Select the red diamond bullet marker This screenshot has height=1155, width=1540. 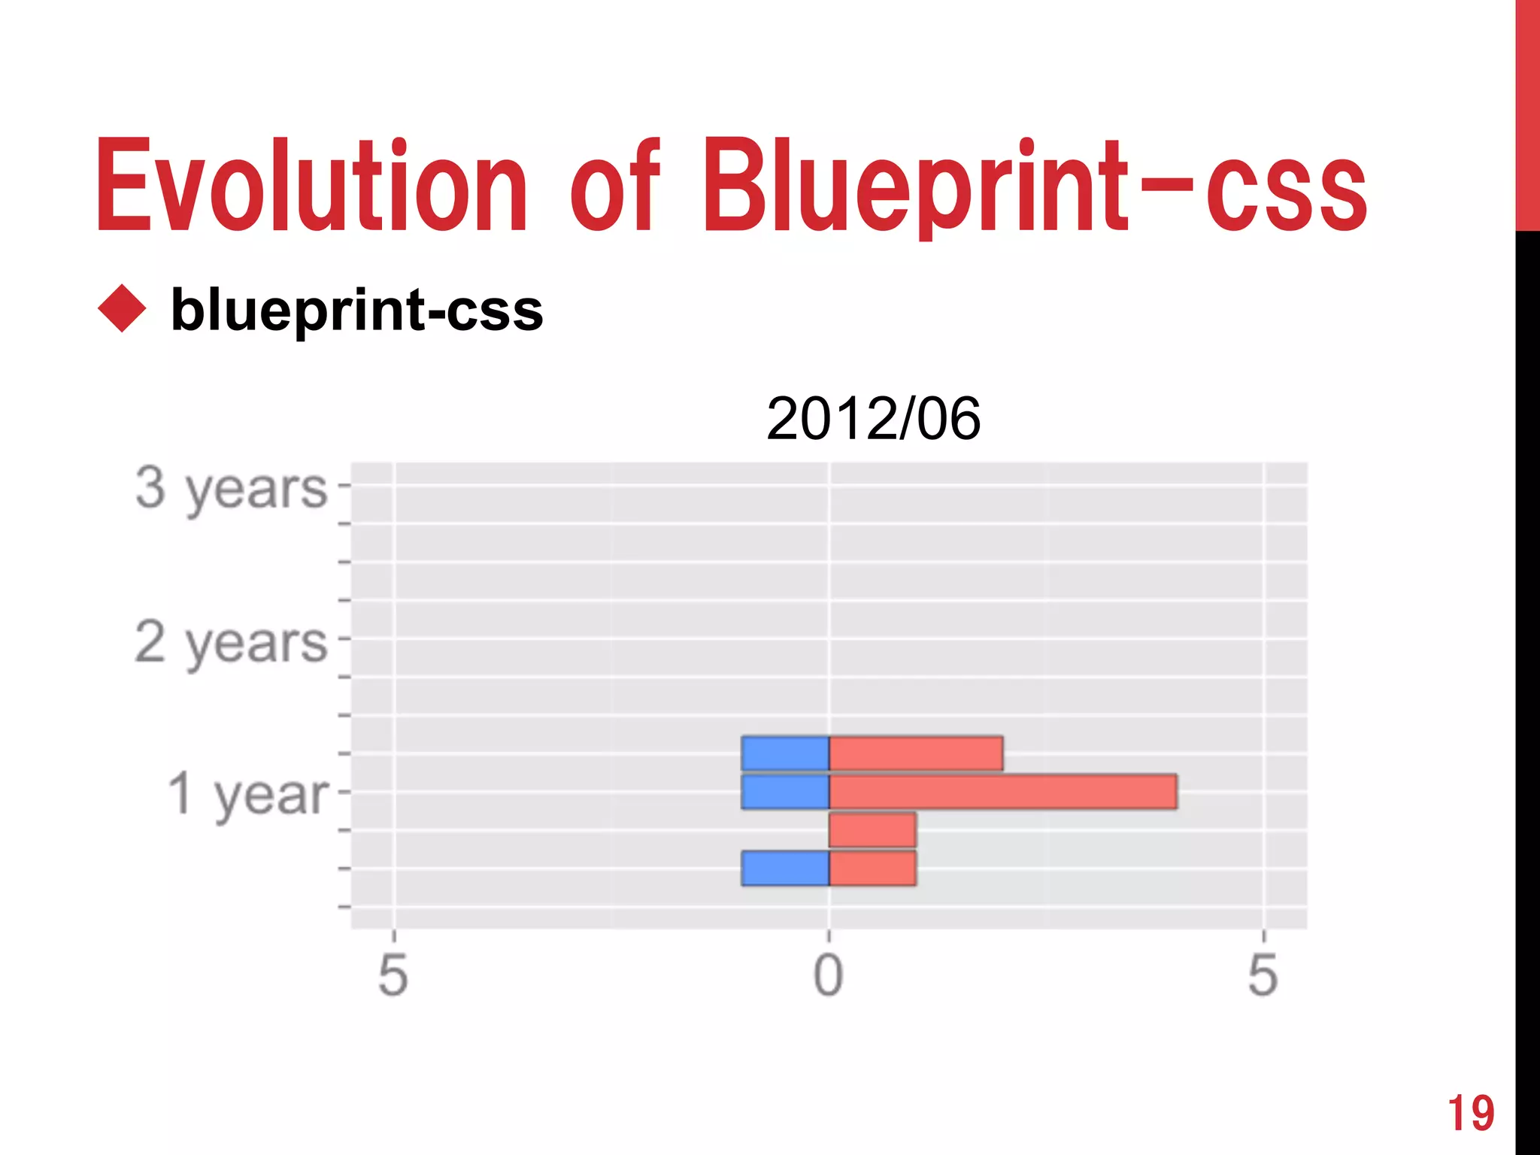coord(122,308)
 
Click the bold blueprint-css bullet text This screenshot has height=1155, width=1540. coord(356,310)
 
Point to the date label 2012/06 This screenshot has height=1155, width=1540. coord(873,419)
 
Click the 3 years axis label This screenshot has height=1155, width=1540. coord(232,489)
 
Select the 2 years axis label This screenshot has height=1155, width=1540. coord(232,643)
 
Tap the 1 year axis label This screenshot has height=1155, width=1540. coord(248,794)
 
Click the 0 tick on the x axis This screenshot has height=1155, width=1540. coord(829,975)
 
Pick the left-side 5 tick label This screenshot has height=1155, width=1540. coord(393,975)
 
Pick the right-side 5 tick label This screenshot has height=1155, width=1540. coord(1263,975)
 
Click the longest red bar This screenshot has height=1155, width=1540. coord(1002,792)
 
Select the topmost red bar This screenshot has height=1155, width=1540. coord(915,753)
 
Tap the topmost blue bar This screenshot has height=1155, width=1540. coord(785,753)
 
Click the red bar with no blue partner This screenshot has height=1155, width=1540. coord(872,829)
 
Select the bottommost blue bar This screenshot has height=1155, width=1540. coord(785,869)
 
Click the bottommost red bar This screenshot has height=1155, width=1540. coord(872,869)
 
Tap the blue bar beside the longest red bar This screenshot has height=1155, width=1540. coord(785,792)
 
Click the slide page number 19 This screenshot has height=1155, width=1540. coord(1471,1114)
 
